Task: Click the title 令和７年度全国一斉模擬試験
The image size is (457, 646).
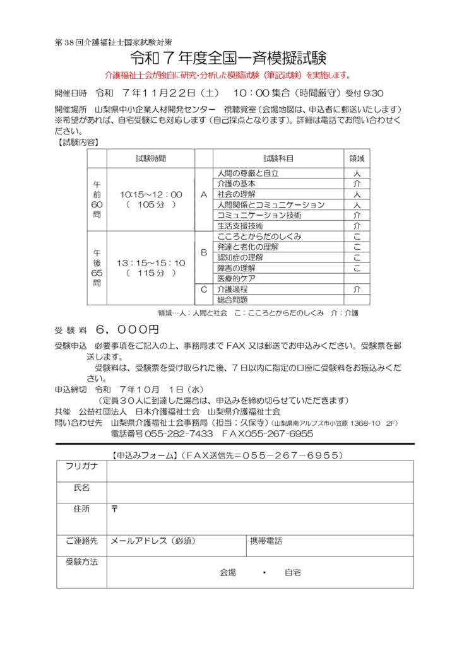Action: pos(228,59)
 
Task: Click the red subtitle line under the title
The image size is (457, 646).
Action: pos(228,76)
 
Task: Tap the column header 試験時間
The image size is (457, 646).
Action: pos(151,158)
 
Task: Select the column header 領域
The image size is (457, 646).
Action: pos(357,158)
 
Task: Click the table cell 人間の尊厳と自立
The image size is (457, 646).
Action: pos(247,173)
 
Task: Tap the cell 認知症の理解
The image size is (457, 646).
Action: pos(240,257)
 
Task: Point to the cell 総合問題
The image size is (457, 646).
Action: pos(232,300)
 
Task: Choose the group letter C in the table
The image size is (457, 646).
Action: pos(203,290)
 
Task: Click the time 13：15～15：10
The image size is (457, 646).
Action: pos(151,262)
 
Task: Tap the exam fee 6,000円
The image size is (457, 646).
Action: pos(128,330)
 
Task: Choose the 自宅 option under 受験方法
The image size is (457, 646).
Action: pos(293,573)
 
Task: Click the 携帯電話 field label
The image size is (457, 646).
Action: pos(266,541)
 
